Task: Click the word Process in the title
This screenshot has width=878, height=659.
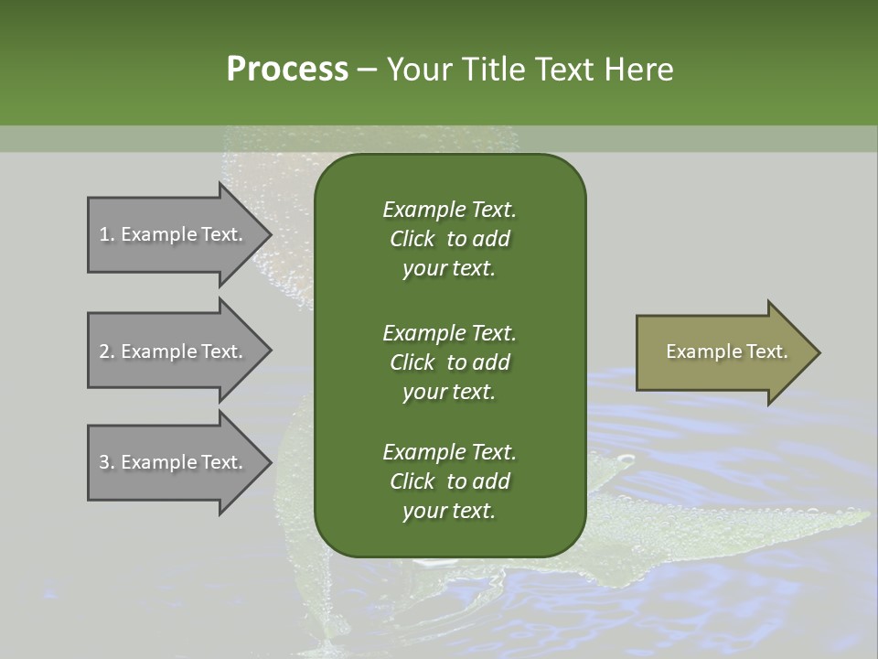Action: click(287, 70)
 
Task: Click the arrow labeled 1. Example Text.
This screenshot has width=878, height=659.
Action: click(174, 234)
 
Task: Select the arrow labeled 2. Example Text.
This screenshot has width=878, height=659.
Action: click(174, 351)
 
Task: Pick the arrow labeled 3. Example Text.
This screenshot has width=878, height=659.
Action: click(174, 462)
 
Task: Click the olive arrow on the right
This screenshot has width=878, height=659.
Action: click(723, 351)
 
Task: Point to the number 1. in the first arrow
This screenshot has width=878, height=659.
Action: click(107, 234)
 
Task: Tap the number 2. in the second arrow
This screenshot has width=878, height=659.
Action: click(107, 351)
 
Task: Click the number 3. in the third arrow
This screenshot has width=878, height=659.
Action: click(107, 462)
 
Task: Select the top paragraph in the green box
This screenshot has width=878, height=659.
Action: click(449, 239)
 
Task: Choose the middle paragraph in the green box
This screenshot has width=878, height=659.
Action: click(449, 362)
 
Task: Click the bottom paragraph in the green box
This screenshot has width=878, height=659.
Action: click(449, 481)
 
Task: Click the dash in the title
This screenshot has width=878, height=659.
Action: click(366, 70)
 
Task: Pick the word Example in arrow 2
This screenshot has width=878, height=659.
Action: click(158, 351)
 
